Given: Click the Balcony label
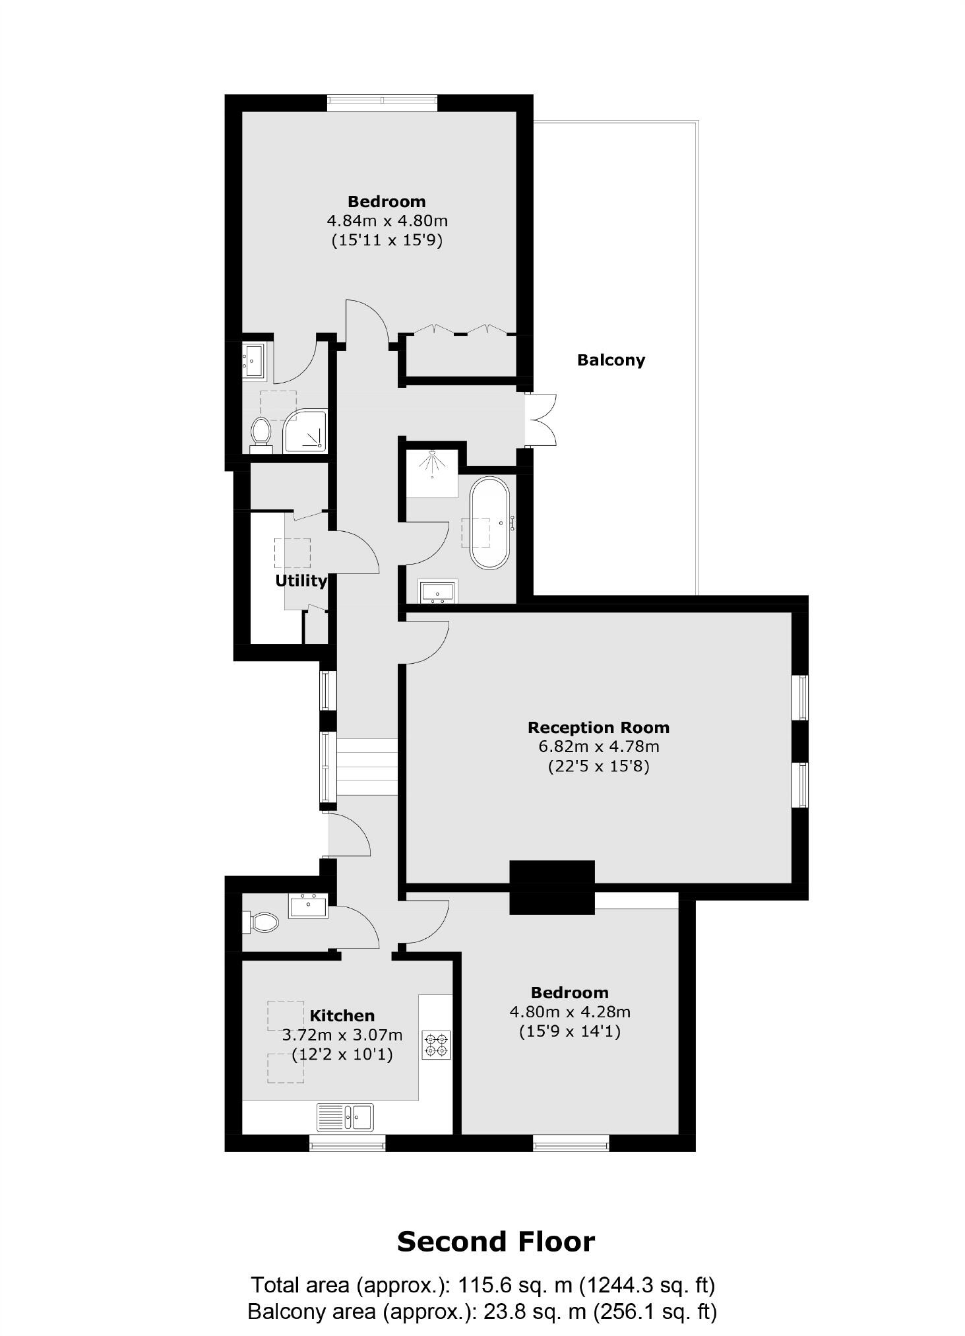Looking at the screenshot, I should pos(610,360).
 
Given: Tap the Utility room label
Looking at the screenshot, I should pos(301,581).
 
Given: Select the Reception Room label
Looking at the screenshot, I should pos(598,728).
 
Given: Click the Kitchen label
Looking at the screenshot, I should pos(342,1015).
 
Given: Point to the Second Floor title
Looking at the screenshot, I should pos(495,1242).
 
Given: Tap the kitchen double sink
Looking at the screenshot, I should pos(345,1117).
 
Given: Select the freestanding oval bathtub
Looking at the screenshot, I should pos(489,523).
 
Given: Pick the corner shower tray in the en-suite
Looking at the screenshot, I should pos(305,432).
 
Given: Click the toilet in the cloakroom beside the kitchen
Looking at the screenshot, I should pos(262,922).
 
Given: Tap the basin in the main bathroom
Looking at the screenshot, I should pos(439,591).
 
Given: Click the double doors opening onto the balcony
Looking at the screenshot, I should pos(541,420).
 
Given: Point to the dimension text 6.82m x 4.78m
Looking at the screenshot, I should pos(598,747).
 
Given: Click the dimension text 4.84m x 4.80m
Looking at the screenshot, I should pos(387,220).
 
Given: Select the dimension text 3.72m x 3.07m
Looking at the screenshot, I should pos(342,1035).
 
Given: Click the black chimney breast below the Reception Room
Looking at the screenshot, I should pos(551,887).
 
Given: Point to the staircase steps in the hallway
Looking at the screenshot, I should pos(367,766).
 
